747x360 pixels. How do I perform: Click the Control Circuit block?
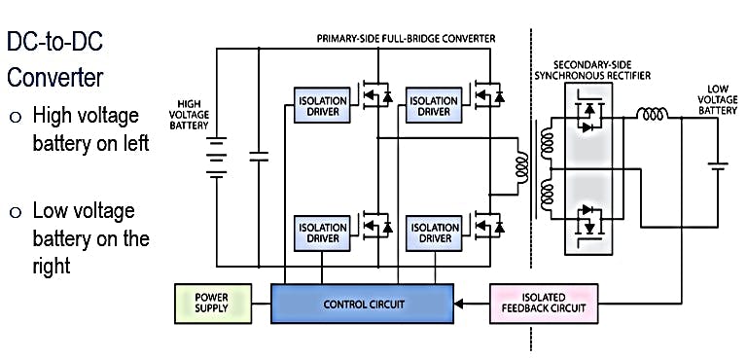coord(363,304)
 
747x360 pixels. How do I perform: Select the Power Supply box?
coord(211,304)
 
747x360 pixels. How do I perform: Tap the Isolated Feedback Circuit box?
coord(544,304)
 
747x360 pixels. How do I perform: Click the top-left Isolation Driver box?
coord(319,105)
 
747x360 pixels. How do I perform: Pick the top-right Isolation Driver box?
coord(433,105)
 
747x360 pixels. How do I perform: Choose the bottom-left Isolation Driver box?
coord(319,232)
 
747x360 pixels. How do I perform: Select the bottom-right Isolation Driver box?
coord(433,232)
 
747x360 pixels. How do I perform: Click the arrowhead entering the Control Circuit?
coord(459,304)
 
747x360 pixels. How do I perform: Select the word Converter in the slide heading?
coord(55,76)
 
